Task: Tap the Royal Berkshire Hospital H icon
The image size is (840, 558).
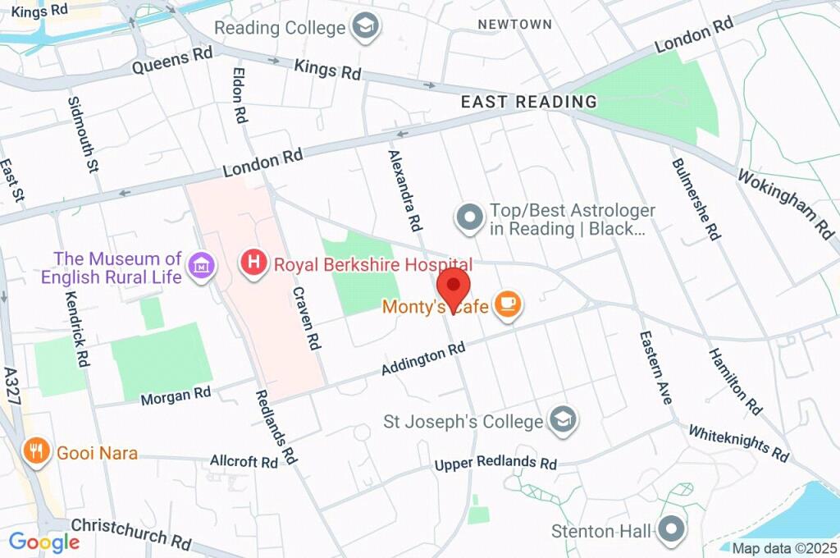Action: [254, 264]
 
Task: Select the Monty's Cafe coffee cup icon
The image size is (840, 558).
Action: [509, 305]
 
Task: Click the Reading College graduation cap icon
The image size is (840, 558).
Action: [363, 26]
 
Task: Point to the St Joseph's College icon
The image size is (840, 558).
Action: [563, 421]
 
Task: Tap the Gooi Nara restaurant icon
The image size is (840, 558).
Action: [35, 451]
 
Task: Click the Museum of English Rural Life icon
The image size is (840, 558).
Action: [201, 265]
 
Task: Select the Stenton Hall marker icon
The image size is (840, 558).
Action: [672, 530]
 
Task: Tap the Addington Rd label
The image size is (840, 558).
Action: [423, 359]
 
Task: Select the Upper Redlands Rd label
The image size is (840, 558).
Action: [495, 463]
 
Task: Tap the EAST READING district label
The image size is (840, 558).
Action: [528, 102]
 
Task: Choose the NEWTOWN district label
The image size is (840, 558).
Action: [515, 25]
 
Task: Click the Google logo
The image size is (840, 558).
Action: [43, 542]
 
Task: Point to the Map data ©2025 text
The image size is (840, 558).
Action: [785, 548]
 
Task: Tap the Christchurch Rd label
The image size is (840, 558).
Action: [131, 533]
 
